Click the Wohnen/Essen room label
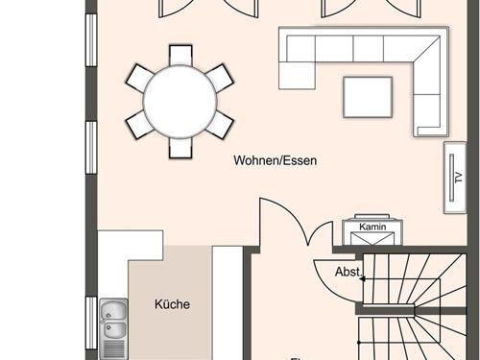point(275,161)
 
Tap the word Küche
point(173,305)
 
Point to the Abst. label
point(347,272)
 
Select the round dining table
point(180,100)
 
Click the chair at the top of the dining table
point(180,54)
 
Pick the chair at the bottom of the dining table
point(180,147)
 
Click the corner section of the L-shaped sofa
point(431,49)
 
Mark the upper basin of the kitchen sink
point(112,311)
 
